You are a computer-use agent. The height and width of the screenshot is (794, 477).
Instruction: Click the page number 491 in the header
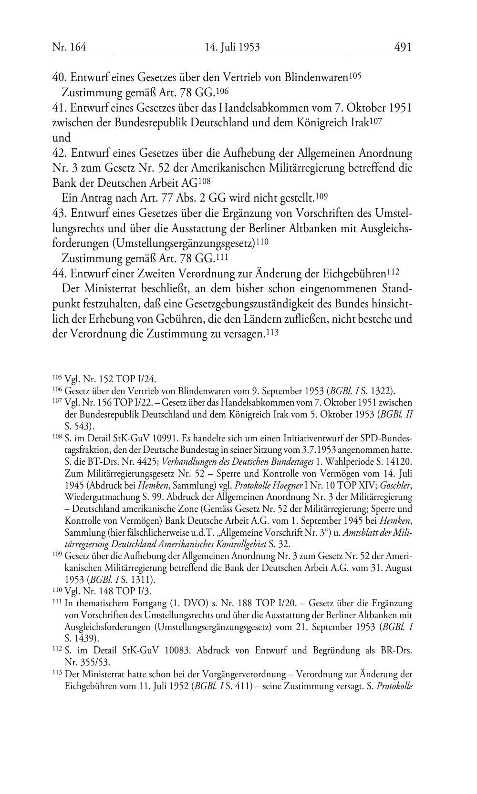click(x=403, y=47)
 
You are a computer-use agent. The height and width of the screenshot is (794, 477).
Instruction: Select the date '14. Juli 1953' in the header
click(x=232, y=47)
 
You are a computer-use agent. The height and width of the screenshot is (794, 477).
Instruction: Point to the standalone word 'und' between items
click(x=61, y=138)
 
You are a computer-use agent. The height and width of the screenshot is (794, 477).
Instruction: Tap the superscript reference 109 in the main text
click(x=322, y=196)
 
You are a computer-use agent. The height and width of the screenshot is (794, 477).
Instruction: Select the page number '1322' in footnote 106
click(x=379, y=391)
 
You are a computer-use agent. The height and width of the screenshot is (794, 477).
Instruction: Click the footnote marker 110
click(x=57, y=590)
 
